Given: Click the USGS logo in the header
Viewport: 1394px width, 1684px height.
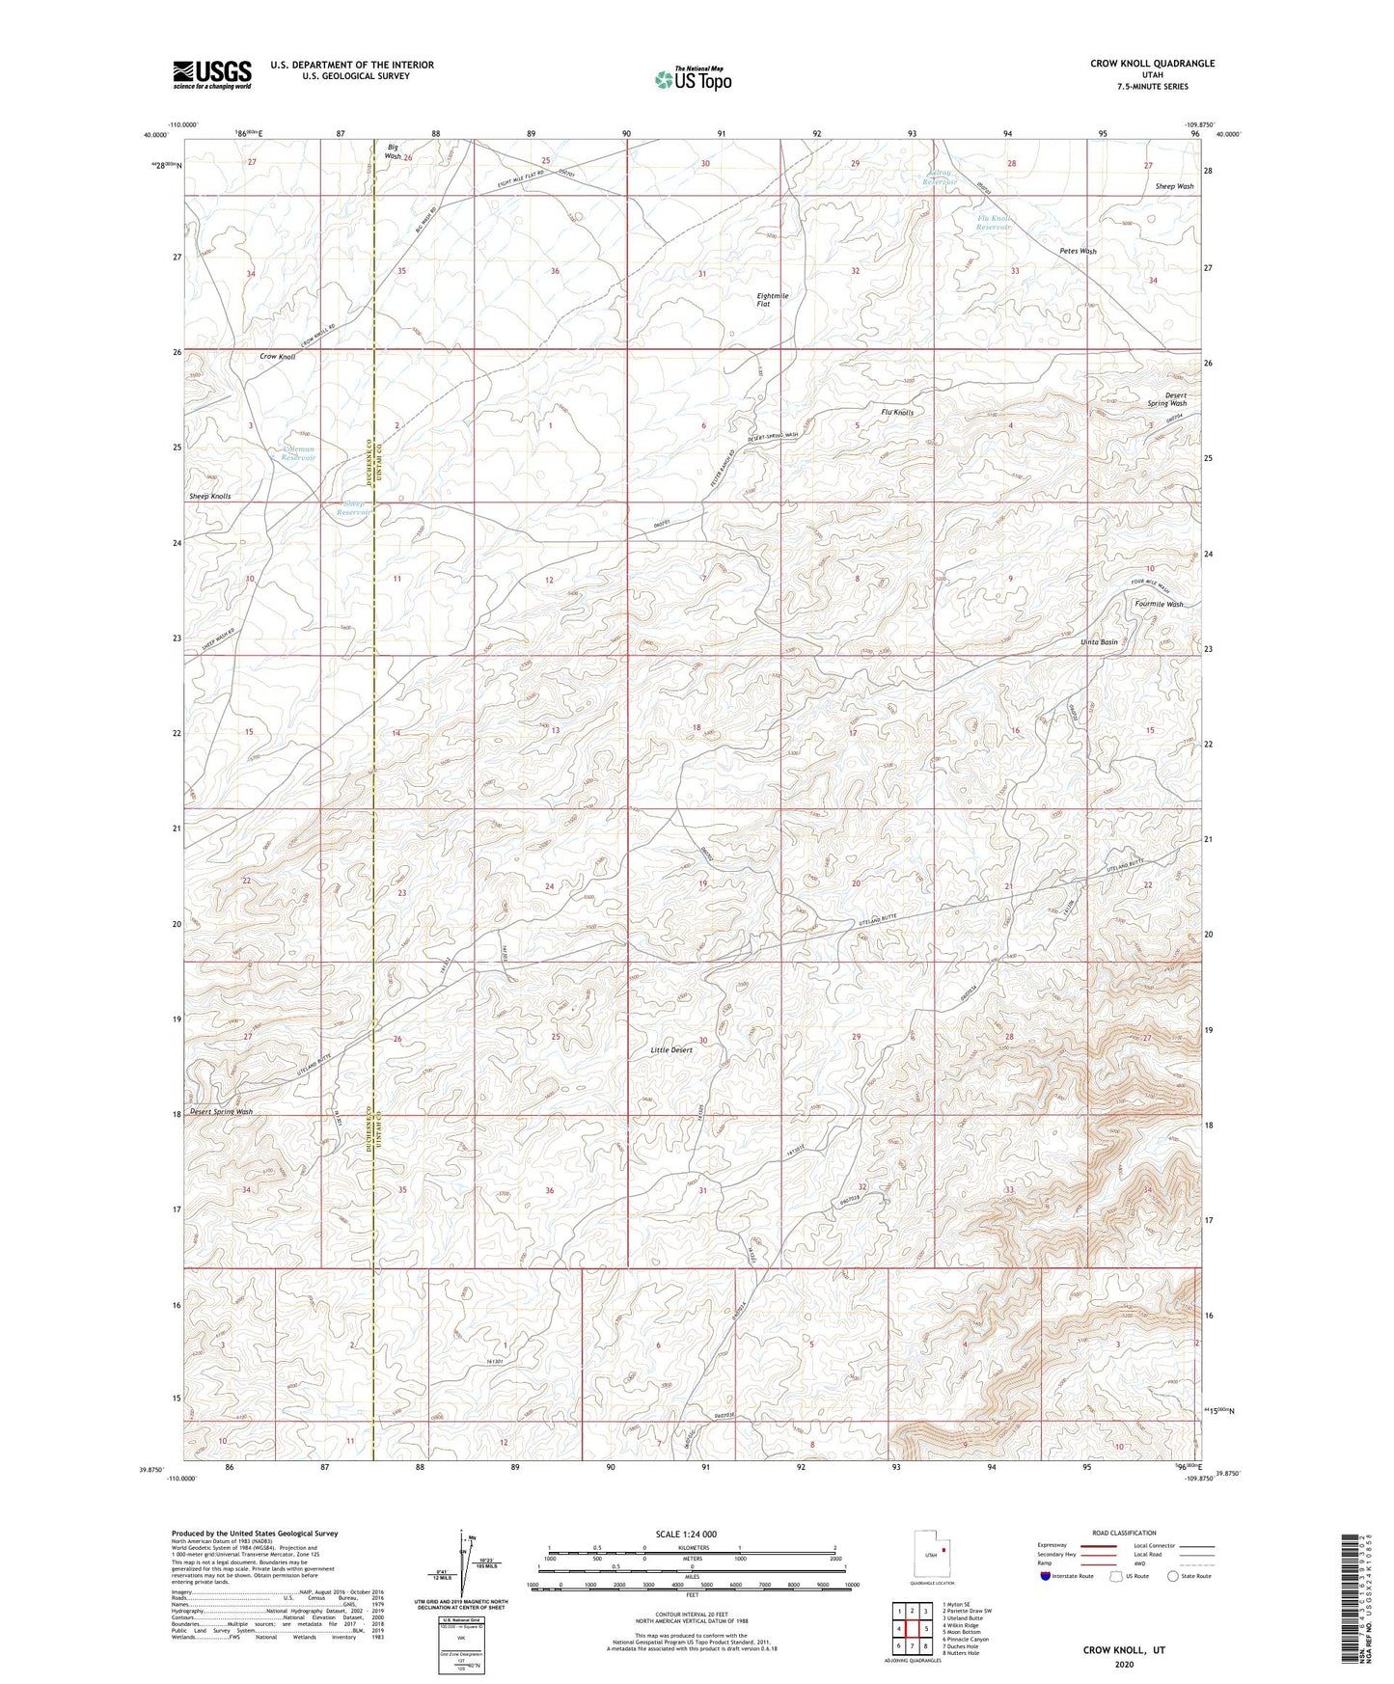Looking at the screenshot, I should click(x=212, y=74).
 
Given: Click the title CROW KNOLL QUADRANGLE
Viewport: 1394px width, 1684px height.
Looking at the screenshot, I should click(x=1152, y=64).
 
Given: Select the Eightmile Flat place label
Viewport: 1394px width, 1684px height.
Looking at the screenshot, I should click(x=772, y=300).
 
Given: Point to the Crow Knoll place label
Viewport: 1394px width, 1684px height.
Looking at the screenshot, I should click(x=278, y=357).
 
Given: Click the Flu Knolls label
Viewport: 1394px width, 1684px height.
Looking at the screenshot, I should click(x=897, y=413).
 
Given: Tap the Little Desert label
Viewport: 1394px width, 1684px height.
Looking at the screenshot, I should click(x=671, y=1050).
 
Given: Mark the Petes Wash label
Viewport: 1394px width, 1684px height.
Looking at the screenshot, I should click(x=1078, y=252).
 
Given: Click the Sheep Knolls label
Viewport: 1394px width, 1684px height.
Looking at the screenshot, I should click(x=209, y=497).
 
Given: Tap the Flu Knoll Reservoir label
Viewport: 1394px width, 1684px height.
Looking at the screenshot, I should click(x=994, y=223).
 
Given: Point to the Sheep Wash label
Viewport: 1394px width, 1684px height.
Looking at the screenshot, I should click(x=1174, y=187).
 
